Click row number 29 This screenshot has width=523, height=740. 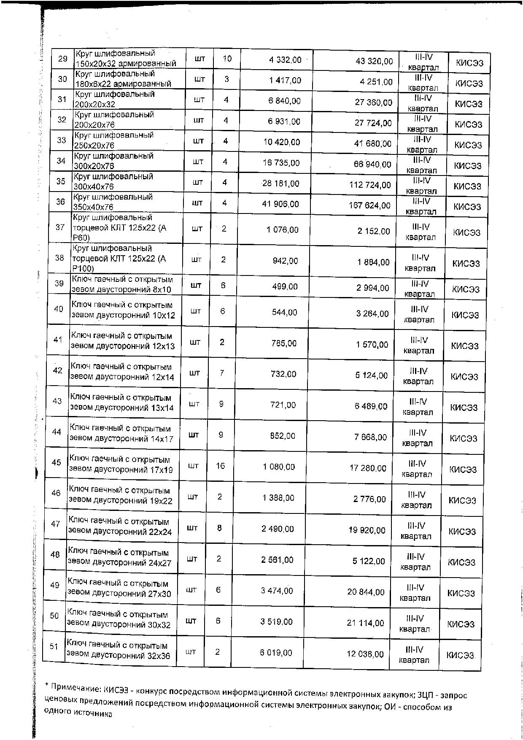pos(63,59)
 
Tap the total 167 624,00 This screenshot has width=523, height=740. pos(369,205)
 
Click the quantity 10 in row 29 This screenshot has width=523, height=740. pos(227,59)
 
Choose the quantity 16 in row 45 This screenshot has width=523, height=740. pos(220,466)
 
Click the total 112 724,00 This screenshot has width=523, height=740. pos(370,185)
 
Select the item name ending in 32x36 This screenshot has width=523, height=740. pos(118,651)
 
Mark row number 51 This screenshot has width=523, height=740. pos(54,646)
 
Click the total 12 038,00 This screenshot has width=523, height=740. pos(365,654)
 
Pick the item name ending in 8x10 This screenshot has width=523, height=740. pos(122,284)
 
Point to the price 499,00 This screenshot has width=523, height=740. pos(285,287)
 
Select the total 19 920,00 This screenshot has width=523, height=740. pos(367,530)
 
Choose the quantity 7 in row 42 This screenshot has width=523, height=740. pos(222,373)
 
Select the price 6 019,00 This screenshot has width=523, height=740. pos(276,653)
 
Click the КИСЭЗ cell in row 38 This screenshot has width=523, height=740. pos(466,264)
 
